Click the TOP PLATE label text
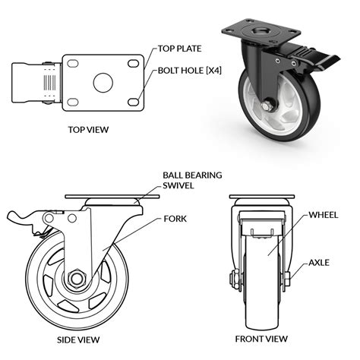pyautogui.click(x=181, y=50)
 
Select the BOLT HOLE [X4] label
pyautogui.click(x=191, y=72)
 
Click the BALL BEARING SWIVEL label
pyautogui.click(x=192, y=180)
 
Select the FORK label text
pyautogui.click(x=175, y=218)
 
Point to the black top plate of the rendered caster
pyautogui.click(x=262, y=33)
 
